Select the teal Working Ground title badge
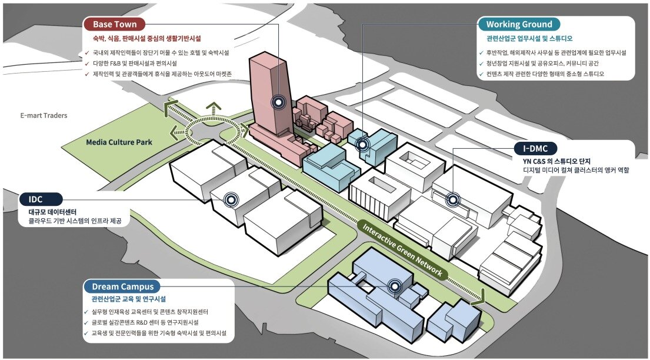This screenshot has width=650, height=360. (519, 24)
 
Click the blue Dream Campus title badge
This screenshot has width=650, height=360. (122, 287)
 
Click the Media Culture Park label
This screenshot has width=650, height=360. (119, 142)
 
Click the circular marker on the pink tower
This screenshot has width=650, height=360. (279, 102)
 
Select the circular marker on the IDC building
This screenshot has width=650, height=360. (230, 199)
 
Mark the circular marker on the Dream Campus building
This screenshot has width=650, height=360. (395, 286)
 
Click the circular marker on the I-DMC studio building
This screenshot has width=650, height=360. (452, 199)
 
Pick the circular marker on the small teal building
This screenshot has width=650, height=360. (363, 144)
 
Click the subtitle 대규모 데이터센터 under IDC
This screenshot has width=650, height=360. (52, 211)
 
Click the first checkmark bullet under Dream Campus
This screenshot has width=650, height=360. (86, 312)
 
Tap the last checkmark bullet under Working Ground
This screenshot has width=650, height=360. (482, 75)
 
